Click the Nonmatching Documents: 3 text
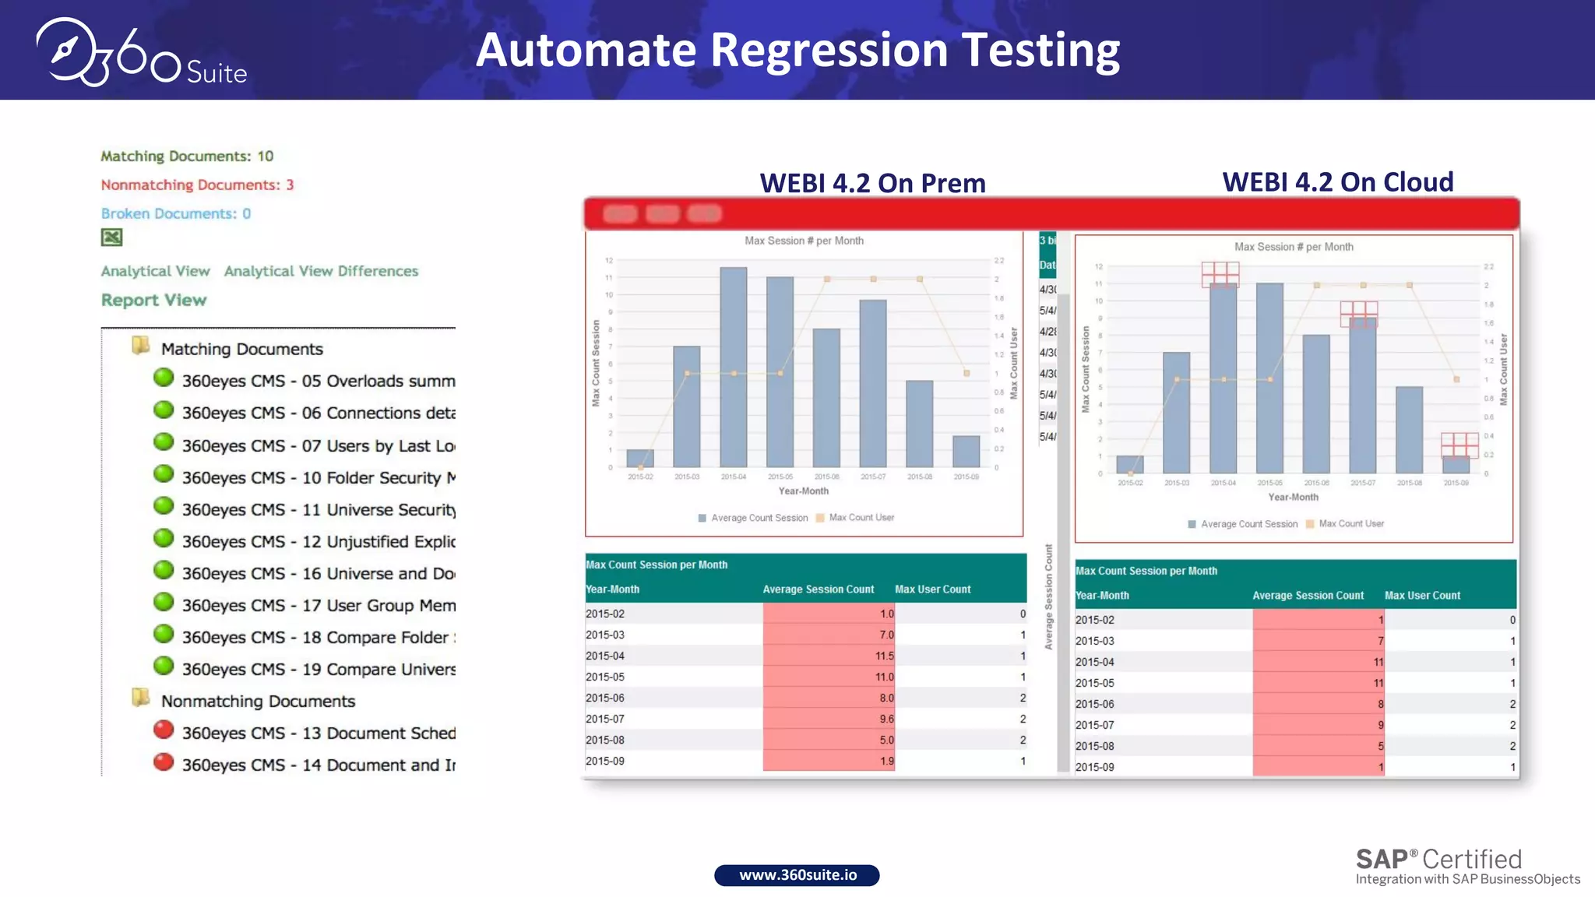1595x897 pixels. [197, 185]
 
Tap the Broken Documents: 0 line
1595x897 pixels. [176, 214]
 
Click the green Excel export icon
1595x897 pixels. [112, 237]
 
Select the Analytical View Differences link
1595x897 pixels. [321, 272]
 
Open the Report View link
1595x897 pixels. [153, 301]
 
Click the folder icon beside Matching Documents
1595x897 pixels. [141, 346]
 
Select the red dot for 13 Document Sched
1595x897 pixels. [164, 730]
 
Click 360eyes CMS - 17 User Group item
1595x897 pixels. [319, 606]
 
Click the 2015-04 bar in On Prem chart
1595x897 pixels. [733, 366]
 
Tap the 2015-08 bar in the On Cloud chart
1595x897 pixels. [1409, 430]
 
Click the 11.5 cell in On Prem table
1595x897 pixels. [829, 656]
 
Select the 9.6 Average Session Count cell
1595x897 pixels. [829, 719]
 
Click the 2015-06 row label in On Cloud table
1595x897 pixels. [1094, 704]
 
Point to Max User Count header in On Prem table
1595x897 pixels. [932, 589]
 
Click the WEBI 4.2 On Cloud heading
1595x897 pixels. [1337, 182]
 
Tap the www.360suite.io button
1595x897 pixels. [797, 875]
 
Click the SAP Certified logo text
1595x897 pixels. [1438, 860]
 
